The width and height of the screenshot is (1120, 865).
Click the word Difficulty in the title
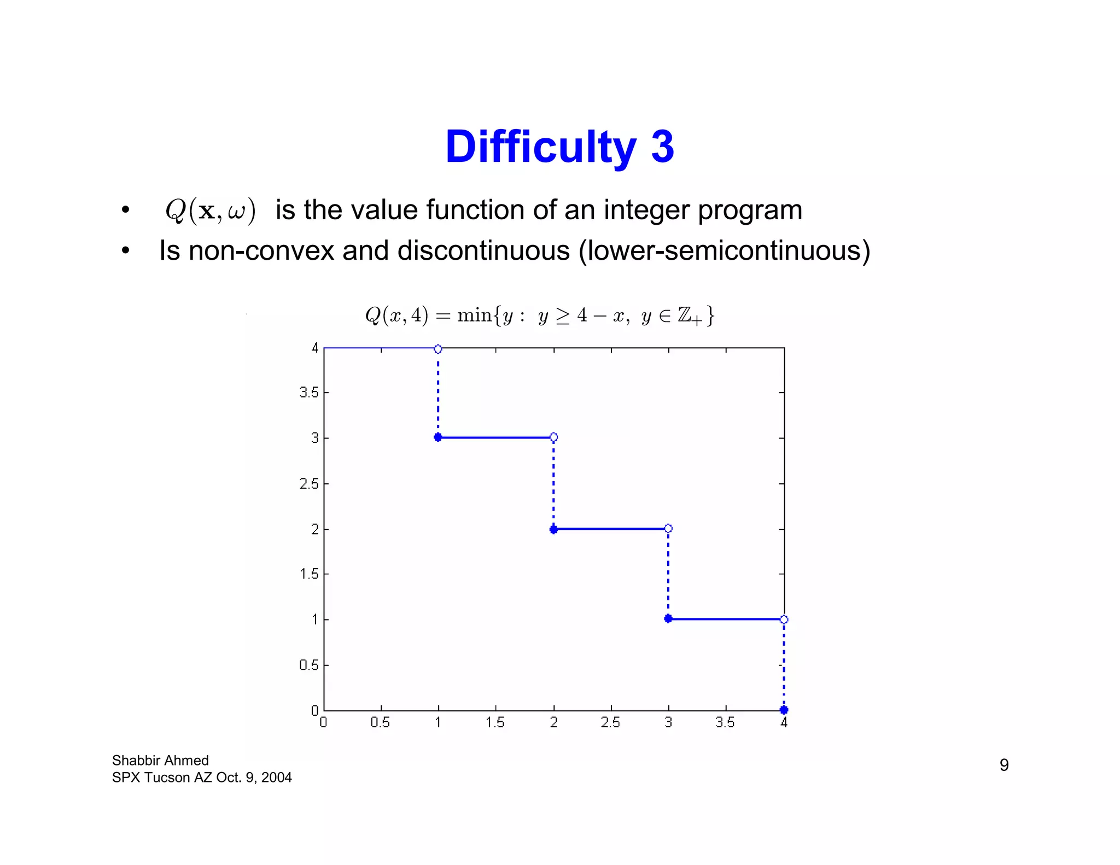540,148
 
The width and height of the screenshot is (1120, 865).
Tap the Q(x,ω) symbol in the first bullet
210,211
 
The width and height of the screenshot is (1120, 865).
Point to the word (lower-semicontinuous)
724,251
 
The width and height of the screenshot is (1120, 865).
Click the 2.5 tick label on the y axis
308,484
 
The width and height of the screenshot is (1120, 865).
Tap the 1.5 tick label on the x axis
495,723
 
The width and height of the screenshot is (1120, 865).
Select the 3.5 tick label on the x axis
725,723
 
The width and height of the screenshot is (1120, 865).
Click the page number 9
1004,764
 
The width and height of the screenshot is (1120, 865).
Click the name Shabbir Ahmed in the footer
160,761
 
